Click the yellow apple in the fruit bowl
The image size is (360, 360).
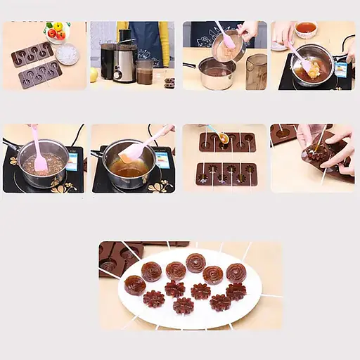[58, 27]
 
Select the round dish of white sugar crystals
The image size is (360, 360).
[67, 54]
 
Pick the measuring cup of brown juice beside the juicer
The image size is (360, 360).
[145, 72]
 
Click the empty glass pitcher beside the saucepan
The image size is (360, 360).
[256, 71]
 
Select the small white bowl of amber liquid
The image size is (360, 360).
[305, 29]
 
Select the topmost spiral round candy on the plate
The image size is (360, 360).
[195, 262]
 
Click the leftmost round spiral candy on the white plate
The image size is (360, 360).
[135, 285]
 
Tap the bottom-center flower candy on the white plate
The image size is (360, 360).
[184, 305]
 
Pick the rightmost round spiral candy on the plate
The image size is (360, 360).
[237, 273]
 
